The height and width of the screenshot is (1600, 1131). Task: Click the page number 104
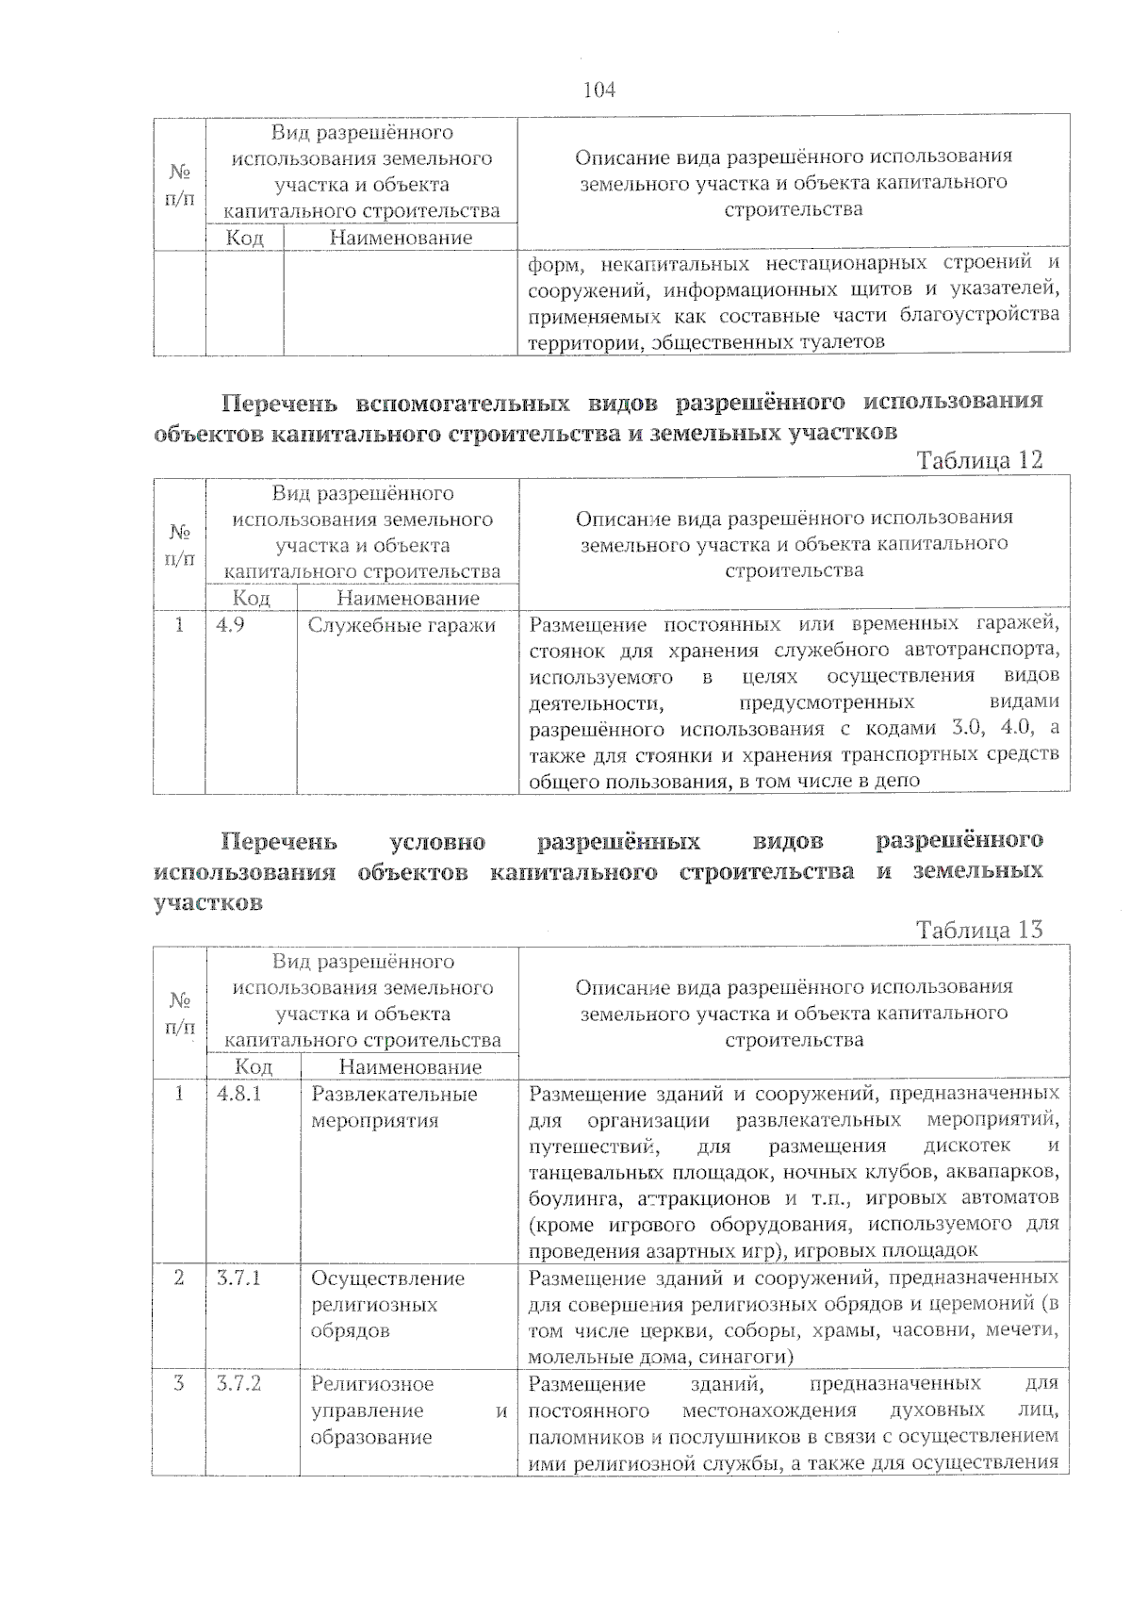(x=598, y=90)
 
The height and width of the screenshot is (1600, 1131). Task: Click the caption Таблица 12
(x=979, y=460)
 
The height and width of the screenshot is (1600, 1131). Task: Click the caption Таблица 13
(x=979, y=930)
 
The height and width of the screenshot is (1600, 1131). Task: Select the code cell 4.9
(x=231, y=624)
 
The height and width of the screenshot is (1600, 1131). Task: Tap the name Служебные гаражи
(x=402, y=624)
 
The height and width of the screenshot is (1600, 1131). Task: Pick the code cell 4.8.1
(x=238, y=1094)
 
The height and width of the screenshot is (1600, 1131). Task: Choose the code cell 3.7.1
(x=238, y=1278)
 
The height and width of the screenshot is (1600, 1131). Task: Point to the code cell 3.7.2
(x=238, y=1384)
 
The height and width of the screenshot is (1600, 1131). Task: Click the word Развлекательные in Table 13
(x=394, y=1094)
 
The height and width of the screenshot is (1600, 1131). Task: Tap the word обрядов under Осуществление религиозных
(x=350, y=1331)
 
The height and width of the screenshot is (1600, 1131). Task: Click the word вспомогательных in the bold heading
(x=463, y=404)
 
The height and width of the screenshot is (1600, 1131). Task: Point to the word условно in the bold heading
(x=436, y=840)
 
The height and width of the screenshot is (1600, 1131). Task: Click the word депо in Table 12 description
(x=897, y=781)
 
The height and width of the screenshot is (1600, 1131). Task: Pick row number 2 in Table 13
(x=179, y=1278)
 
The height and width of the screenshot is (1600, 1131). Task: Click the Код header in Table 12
(x=251, y=598)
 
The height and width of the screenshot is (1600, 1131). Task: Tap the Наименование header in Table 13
(x=410, y=1067)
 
